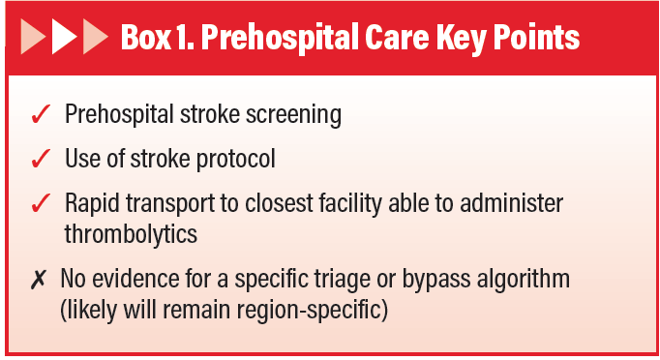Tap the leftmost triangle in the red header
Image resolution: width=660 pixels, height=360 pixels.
click(34, 38)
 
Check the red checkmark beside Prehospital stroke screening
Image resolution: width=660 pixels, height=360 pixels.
click(40, 115)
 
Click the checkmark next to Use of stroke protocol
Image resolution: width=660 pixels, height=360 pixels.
click(40, 159)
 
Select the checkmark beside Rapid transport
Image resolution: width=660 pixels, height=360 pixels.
click(40, 203)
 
